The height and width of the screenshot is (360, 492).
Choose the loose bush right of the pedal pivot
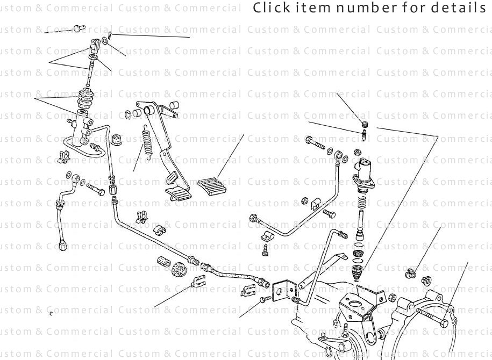pos(174,105)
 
